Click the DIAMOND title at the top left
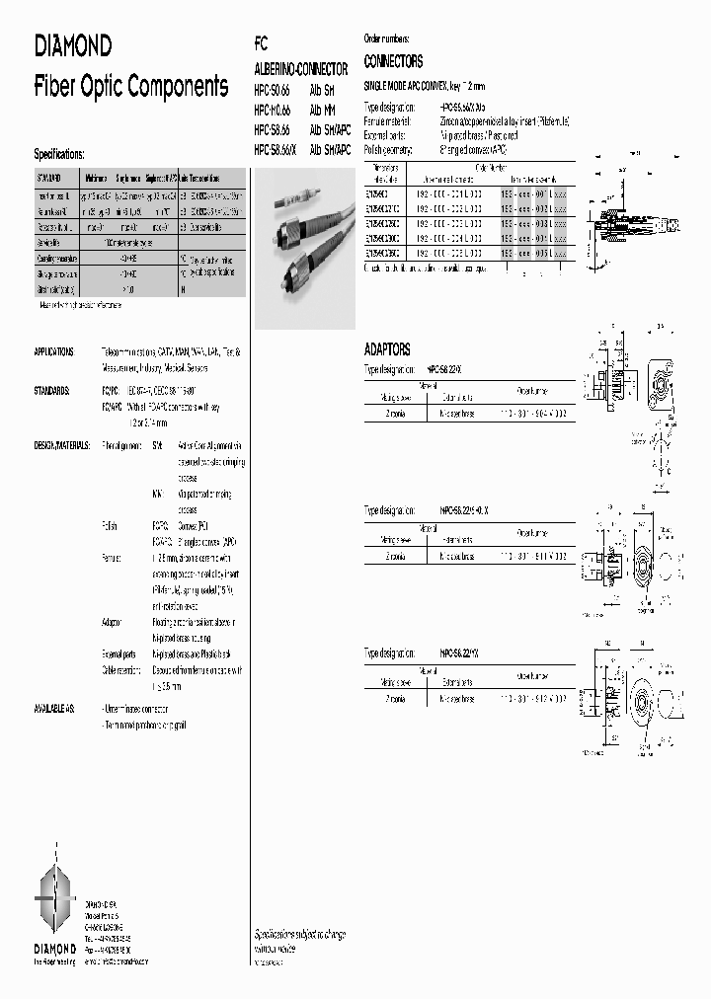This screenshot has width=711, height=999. (73, 45)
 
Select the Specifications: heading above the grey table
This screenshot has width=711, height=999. (59, 154)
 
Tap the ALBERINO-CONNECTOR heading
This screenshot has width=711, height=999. (301, 71)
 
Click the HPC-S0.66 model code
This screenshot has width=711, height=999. (273, 91)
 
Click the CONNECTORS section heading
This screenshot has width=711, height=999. (393, 60)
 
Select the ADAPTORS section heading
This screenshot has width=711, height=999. (387, 349)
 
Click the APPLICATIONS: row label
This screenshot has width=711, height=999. (54, 351)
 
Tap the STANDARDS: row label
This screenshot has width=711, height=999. (51, 390)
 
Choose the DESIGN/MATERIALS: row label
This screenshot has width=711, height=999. (61, 446)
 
